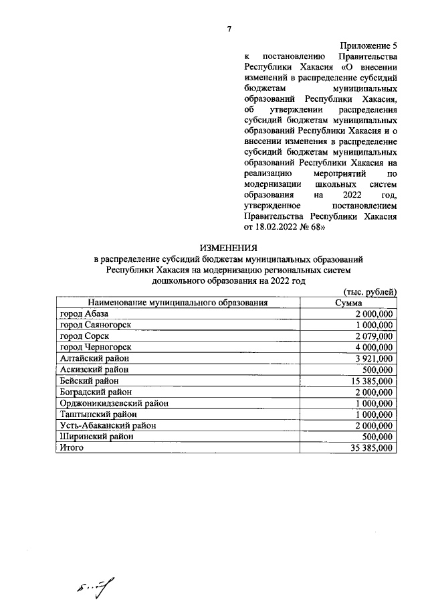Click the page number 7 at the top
(229, 29)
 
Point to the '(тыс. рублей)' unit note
(370, 292)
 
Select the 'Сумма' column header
(348, 303)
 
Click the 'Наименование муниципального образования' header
(177, 303)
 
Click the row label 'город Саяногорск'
(95, 325)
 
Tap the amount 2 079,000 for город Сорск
(374, 335)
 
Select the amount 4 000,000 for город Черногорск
(374, 347)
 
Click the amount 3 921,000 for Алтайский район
(374, 358)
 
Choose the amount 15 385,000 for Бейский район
(371, 380)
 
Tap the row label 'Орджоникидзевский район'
(114, 403)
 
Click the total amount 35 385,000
(371, 448)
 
